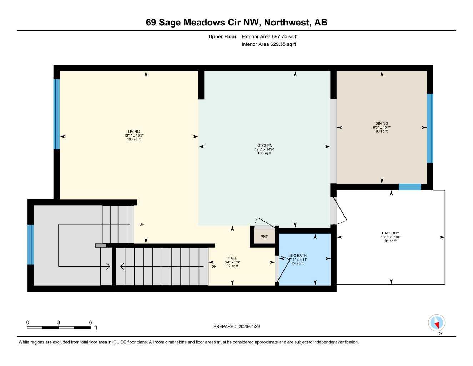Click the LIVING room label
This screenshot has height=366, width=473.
click(x=134, y=132)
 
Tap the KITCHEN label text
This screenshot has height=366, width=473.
click(x=264, y=145)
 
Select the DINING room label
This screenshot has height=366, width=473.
click(x=382, y=124)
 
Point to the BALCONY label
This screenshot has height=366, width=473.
click(x=390, y=233)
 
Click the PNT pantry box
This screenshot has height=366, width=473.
click(x=264, y=237)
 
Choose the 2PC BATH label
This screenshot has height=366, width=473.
click(x=298, y=256)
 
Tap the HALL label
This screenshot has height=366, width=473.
click(x=232, y=258)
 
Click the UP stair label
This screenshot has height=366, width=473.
click(x=142, y=224)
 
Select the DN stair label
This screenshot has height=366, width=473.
click(x=214, y=267)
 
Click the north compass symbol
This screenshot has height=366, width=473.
click(x=436, y=323)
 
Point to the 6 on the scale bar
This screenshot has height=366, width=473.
click(x=90, y=322)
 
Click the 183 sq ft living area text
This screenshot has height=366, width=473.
click(x=134, y=139)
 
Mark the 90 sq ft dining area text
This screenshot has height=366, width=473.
click(x=382, y=132)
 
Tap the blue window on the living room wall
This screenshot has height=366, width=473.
click(x=56, y=114)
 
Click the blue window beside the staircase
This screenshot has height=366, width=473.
click(x=31, y=244)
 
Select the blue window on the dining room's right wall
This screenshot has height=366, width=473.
click(x=430, y=128)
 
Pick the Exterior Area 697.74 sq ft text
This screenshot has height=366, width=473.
click(x=270, y=36)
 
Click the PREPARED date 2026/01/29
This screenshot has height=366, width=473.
click(x=236, y=326)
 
